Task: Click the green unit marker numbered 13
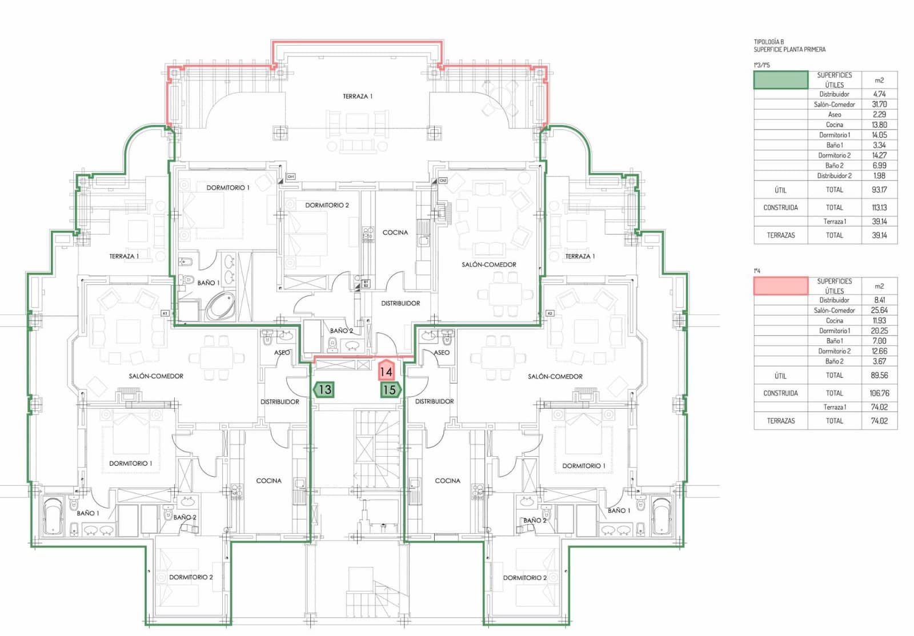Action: click(324, 390)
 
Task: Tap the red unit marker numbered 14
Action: click(386, 371)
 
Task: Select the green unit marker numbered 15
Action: click(390, 390)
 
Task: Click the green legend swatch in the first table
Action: click(780, 80)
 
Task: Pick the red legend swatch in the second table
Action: click(780, 285)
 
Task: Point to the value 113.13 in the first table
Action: click(879, 208)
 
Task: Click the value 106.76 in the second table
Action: click(879, 393)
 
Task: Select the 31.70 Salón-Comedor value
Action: click(879, 104)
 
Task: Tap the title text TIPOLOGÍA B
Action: click(769, 42)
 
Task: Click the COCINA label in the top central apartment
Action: click(395, 232)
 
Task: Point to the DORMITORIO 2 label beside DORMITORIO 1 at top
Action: click(327, 205)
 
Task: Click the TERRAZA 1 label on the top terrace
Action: click(358, 96)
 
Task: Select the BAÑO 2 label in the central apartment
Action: click(342, 331)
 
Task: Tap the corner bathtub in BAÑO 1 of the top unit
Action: click(221, 306)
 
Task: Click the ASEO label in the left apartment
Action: click(282, 353)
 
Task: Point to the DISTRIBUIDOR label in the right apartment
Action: click(434, 401)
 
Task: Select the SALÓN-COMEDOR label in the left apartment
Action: click(156, 376)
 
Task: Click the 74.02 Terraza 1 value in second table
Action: click(879, 407)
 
